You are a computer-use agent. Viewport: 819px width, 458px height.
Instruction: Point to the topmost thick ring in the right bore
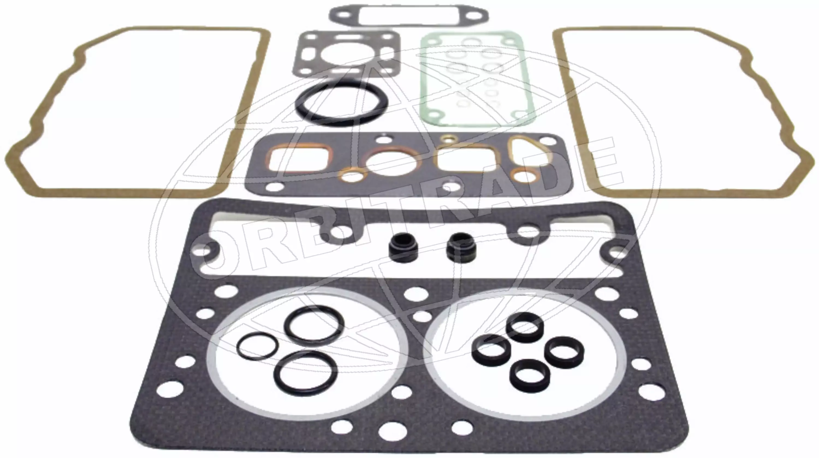(525, 328)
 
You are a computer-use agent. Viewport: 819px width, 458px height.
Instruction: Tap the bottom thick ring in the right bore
(530, 376)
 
